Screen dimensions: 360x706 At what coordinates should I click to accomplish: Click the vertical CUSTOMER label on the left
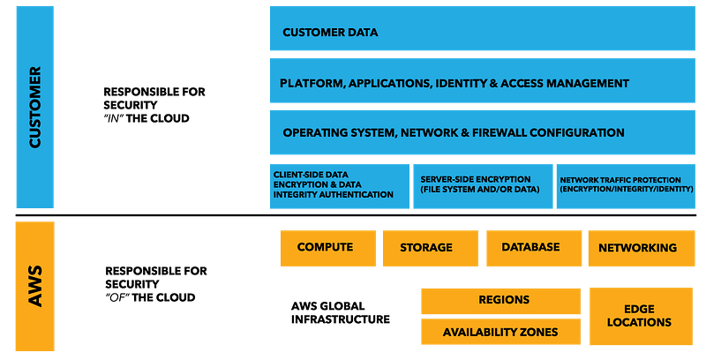click(x=35, y=106)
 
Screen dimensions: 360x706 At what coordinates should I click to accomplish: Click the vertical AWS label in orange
click(x=35, y=287)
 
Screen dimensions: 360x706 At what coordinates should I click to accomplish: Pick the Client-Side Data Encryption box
click(x=339, y=185)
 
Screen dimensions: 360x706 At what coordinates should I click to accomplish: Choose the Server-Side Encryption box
click(x=482, y=185)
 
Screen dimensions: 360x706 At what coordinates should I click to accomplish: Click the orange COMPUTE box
click(x=326, y=247)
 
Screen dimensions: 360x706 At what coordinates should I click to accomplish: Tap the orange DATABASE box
click(x=530, y=247)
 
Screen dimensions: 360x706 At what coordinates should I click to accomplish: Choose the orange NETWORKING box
click(x=637, y=248)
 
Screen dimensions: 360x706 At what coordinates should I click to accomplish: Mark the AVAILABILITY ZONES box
click(x=499, y=333)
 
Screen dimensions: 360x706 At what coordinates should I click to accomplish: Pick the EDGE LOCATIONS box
click(x=639, y=316)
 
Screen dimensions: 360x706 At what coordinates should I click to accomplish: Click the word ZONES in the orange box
click(x=538, y=333)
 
